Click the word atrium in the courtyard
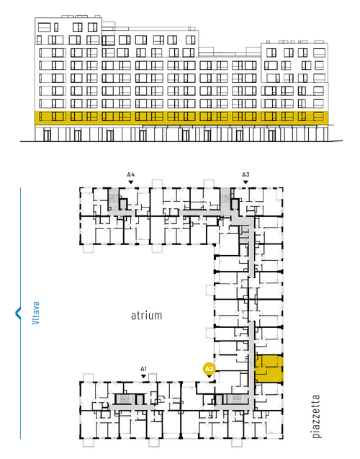click(146, 316)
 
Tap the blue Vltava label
click(35, 313)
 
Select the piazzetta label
click(316, 416)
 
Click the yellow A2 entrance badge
click(209, 369)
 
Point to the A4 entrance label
click(131, 175)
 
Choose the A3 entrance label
click(246, 175)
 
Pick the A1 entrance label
click(143, 369)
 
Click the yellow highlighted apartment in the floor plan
click(269, 368)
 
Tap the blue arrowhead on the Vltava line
click(18, 313)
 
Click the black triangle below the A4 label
click(131, 182)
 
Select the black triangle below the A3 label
click(246, 182)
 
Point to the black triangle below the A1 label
click(143, 376)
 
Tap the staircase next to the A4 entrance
click(113, 199)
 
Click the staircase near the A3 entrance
click(225, 199)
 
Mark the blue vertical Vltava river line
click(20, 313)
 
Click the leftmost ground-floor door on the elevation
click(47, 135)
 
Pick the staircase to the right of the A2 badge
click(237, 399)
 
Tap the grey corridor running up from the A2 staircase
click(251, 363)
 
